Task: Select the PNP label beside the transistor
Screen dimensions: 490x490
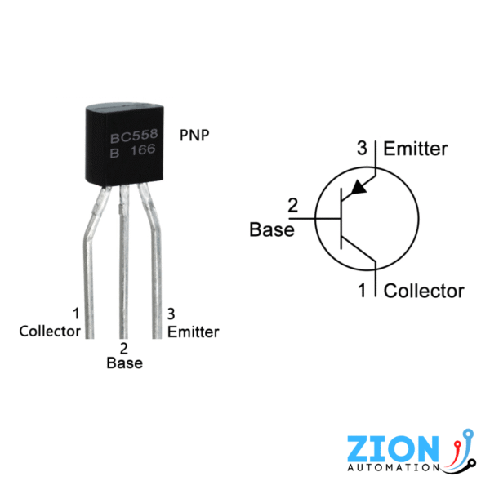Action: [x=194, y=134]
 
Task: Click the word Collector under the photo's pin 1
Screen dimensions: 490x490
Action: [x=50, y=331]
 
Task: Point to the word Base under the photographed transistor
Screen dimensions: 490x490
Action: [x=124, y=363]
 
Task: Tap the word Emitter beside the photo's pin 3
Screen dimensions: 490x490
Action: [x=193, y=332]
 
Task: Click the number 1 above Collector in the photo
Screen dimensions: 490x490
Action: [x=76, y=314]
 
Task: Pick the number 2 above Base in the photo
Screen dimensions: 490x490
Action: [x=124, y=347]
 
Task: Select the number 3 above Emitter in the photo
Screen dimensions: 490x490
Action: [x=171, y=314]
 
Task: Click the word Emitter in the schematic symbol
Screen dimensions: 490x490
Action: [x=416, y=149]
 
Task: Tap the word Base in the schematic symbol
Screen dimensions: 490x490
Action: [x=271, y=229]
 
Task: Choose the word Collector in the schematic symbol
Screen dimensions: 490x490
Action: [x=424, y=291]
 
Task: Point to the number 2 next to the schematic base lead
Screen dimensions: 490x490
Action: [x=294, y=206]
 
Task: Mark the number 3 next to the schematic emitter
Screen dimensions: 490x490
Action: [x=363, y=149]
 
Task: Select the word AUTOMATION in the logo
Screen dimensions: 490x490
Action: [x=394, y=469]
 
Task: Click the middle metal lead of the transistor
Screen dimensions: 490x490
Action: [x=124, y=269]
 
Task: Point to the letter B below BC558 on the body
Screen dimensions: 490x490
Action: [x=114, y=152]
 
